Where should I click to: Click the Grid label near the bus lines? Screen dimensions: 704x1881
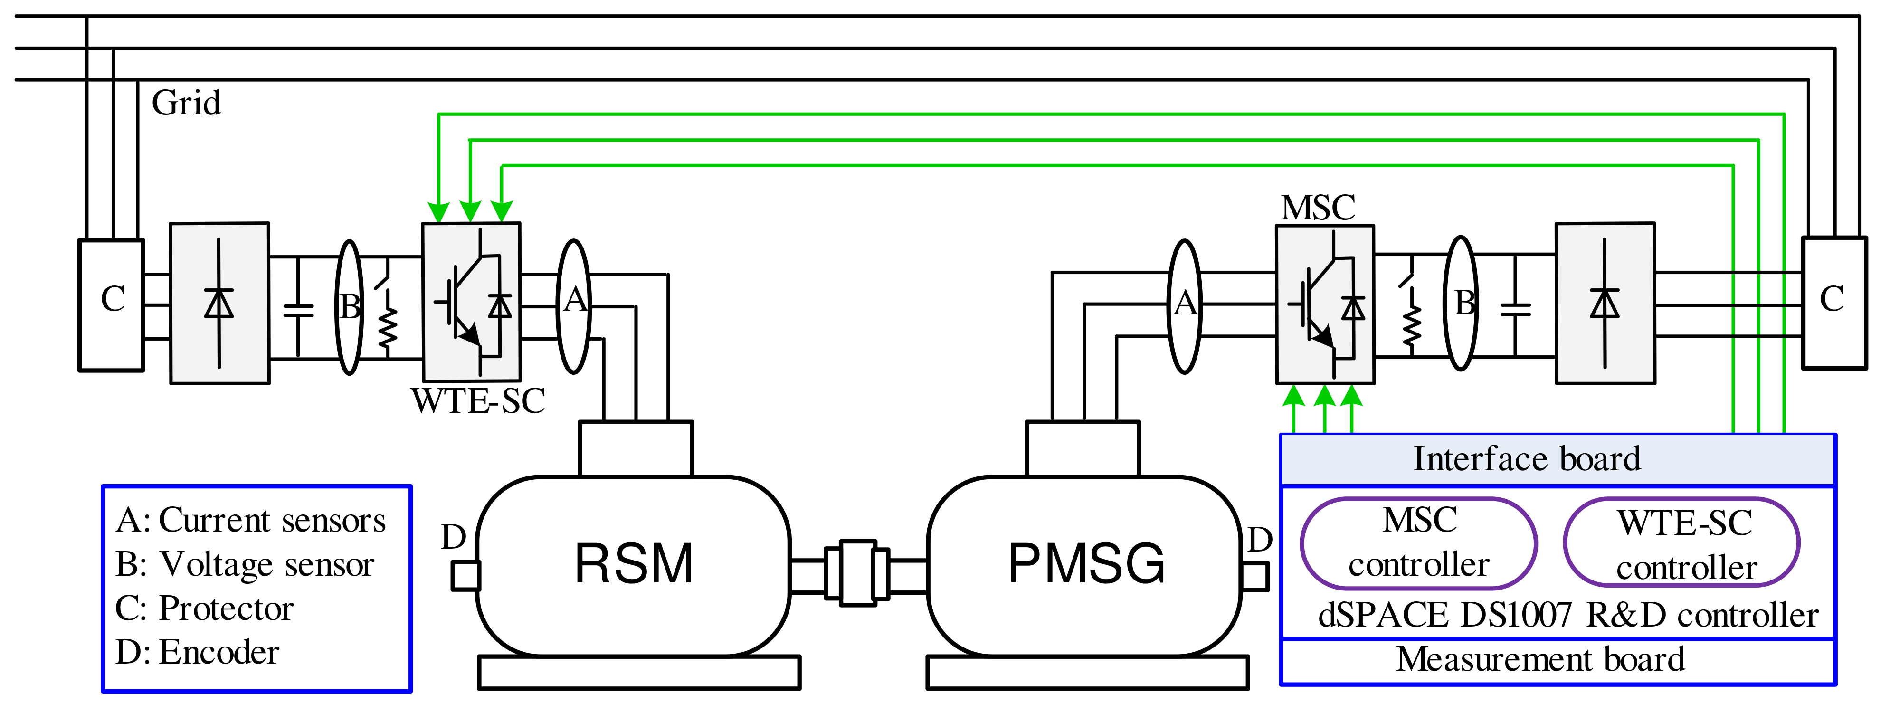(x=185, y=103)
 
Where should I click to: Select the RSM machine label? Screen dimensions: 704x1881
(x=634, y=564)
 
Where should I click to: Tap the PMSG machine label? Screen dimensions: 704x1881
(x=1086, y=564)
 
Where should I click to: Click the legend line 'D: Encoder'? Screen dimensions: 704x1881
(x=197, y=652)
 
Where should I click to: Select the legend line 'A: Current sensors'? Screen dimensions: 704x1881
(x=250, y=520)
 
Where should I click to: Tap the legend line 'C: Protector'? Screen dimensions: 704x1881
(x=204, y=609)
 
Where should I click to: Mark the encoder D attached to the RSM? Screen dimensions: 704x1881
(x=465, y=575)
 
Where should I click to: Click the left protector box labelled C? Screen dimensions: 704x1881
(x=111, y=304)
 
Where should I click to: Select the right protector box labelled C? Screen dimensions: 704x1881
(x=1833, y=302)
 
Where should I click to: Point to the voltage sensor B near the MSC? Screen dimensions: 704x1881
(x=1461, y=303)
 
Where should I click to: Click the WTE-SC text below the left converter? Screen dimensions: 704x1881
(x=478, y=401)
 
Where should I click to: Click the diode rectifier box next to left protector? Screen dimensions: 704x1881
(x=219, y=303)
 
